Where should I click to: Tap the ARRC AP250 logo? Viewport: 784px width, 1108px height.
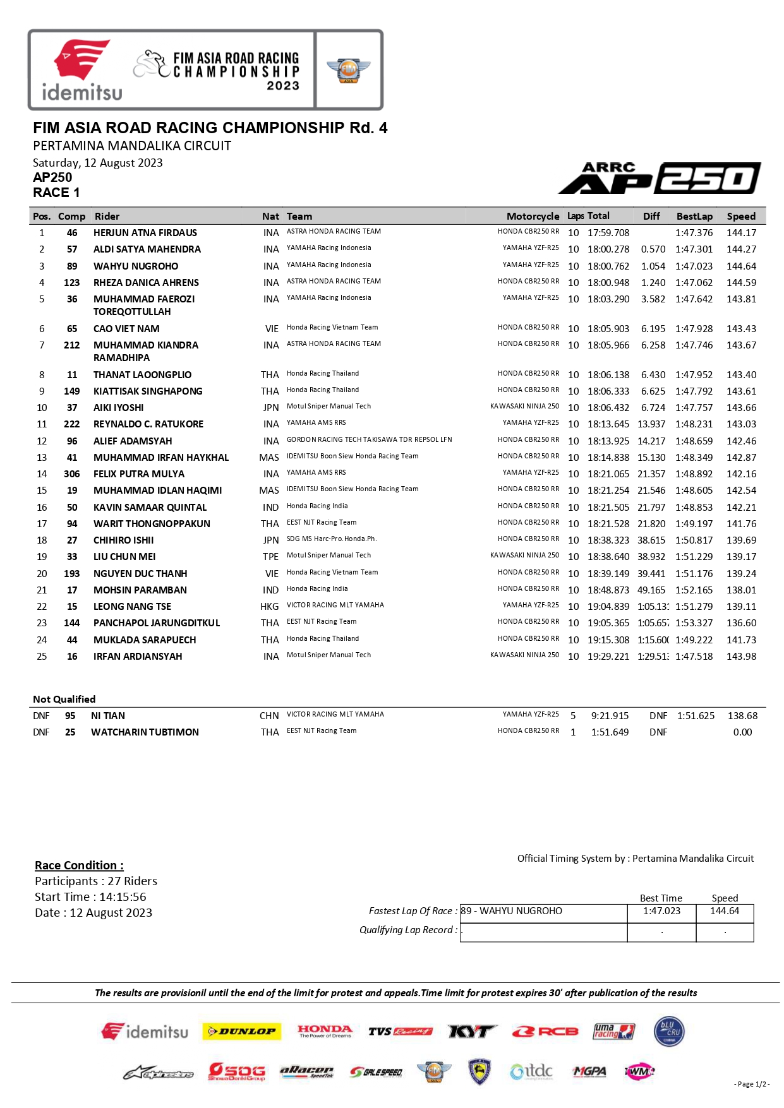click(660, 178)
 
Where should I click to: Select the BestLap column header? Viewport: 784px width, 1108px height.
click(694, 216)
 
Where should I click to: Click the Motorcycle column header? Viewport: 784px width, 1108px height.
click(533, 216)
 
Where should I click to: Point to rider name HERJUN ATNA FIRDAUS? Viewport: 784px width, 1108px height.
click(145, 233)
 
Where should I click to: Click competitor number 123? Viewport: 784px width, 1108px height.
click(72, 283)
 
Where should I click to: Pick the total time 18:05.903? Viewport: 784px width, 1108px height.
click(608, 329)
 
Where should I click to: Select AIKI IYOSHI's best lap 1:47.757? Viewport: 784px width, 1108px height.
click(694, 408)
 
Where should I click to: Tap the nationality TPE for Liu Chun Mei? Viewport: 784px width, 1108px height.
click(270, 557)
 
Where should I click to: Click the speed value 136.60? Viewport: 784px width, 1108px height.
click(741, 623)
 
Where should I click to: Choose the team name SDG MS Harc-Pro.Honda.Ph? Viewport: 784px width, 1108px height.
click(332, 539)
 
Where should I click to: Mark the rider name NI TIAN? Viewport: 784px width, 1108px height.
click(108, 716)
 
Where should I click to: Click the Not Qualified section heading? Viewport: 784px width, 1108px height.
click(64, 700)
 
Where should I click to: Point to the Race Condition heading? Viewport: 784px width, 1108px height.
click(79, 866)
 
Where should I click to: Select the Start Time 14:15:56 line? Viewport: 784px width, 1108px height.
click(90, 897)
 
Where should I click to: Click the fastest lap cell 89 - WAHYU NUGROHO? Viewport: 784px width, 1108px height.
click(543, 911)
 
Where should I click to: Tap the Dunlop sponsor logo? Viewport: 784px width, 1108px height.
click(242, 1032)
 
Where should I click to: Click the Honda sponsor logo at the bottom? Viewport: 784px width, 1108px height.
click(325, 1032)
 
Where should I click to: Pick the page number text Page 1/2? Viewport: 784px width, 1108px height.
click(751, 1084)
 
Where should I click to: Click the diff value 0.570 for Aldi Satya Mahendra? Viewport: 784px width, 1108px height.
click(653, 249)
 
